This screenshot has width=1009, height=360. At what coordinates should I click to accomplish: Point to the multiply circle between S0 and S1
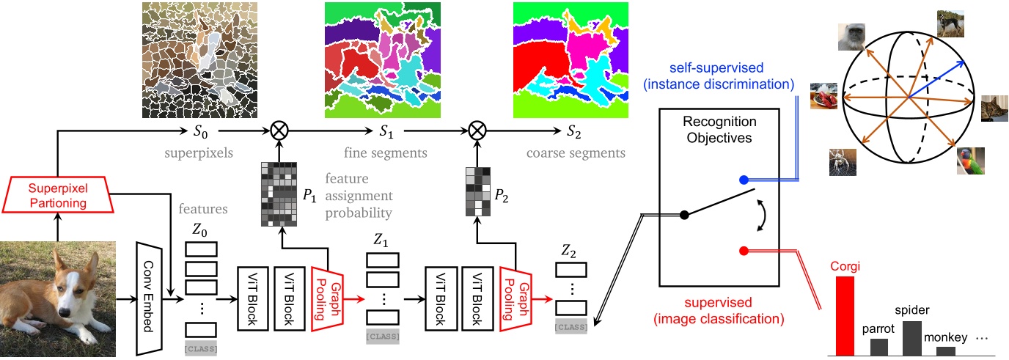tap(279, 132)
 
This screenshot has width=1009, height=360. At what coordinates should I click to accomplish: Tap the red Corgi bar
tap(845, 316)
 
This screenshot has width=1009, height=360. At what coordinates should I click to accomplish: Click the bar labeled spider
tap(911, 338)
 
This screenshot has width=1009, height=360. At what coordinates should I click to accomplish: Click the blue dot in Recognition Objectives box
tap(743, 180)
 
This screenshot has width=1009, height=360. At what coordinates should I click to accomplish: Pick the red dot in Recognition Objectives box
tap(743, 251)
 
